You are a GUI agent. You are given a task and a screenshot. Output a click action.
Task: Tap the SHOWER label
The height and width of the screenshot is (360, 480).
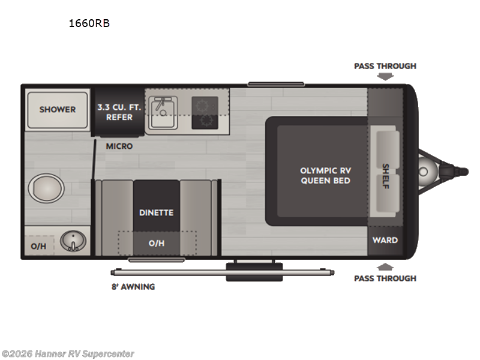tap(58, 109)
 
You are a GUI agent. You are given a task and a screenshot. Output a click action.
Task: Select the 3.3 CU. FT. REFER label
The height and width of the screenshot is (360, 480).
tap(119, 112)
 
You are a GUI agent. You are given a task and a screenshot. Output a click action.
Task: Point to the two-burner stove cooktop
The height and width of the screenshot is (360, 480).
tap(205, 113)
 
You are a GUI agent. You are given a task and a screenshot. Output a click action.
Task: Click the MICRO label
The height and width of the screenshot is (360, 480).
tap(119, 146)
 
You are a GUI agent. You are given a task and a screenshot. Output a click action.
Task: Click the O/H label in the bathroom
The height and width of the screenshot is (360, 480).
tap(38, 245)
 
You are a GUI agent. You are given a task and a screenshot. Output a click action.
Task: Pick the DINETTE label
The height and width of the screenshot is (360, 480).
tap(156, 212)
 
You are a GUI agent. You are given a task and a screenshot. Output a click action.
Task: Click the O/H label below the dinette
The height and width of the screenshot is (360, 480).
tap(156, 243)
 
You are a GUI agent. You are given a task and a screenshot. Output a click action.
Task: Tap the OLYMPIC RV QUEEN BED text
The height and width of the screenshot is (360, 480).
tap(325, 175)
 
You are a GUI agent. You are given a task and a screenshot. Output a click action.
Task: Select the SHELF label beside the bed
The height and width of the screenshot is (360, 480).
tap(385, 176)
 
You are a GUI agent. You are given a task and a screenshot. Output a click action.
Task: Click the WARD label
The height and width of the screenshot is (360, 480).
tap(385, 240)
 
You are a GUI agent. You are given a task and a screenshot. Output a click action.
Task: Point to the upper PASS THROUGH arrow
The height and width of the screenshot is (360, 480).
tap(385, 76)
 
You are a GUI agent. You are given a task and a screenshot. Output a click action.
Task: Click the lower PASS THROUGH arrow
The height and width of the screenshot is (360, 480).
tap(385, 267)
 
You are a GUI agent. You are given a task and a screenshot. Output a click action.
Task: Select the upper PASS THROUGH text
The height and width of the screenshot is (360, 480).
tap(385, 66)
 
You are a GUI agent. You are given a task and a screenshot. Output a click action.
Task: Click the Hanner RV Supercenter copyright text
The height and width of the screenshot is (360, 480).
tap(68, 354)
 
